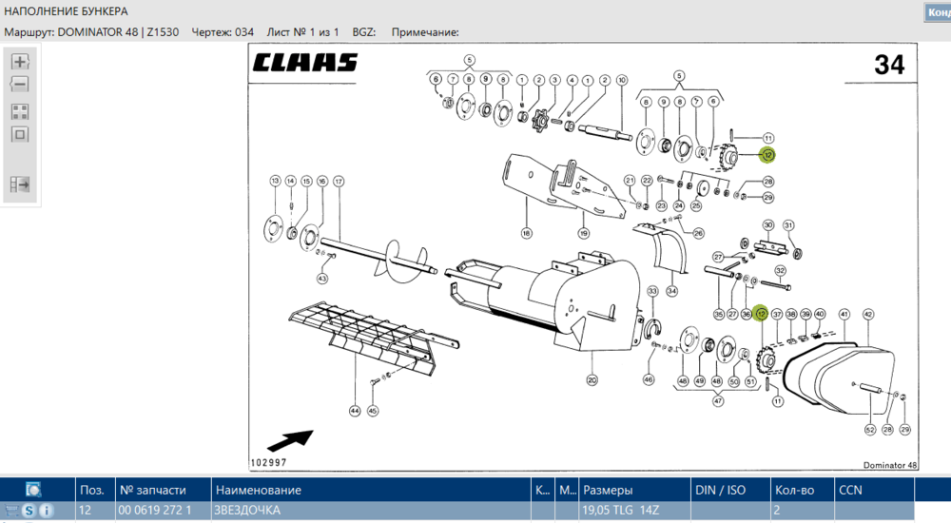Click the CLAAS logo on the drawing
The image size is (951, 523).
[x=305, y=63]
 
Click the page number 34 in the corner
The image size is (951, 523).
[x=888, y=65]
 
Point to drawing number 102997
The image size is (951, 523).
[x=268, y=462]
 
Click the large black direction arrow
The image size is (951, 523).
[x=291, y=440]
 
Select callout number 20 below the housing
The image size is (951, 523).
[x=592, y=380]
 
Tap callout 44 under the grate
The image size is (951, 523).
[x=354, y=411]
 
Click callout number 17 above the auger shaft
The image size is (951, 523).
[x=338, y=181]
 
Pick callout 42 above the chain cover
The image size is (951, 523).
[x=867, y=314]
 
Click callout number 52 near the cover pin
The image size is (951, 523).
[x=869, y=430]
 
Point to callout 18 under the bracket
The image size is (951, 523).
[x=525, y=232]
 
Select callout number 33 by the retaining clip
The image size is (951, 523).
[x=652, y=291]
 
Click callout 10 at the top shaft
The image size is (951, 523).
[x=621, y=80]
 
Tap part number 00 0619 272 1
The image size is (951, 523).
[x=155, y=511]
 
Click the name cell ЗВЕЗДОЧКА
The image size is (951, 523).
[x=248, y=511]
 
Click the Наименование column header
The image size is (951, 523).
[x=259, y=491]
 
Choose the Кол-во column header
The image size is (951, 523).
[x=794, y=491]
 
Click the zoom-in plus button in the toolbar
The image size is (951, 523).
[x=20, y=62]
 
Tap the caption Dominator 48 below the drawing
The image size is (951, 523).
[x=890, y=465]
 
